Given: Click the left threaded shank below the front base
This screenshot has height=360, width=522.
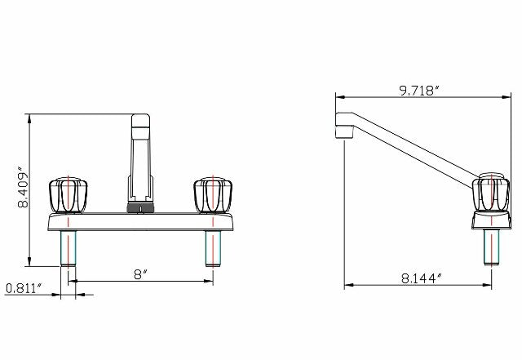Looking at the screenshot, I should point(68,249).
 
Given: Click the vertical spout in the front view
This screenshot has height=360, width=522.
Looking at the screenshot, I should point(140,155).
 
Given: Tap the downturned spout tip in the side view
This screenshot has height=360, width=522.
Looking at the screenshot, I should point(342,131).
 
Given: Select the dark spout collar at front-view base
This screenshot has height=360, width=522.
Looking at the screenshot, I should point(140,207).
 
